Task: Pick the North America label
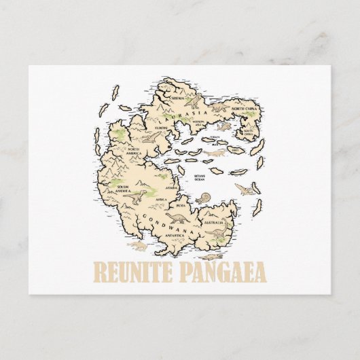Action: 132,151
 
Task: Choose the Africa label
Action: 161,199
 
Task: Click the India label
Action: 181,204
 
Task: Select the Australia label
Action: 215,220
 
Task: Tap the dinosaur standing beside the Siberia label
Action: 196,101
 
